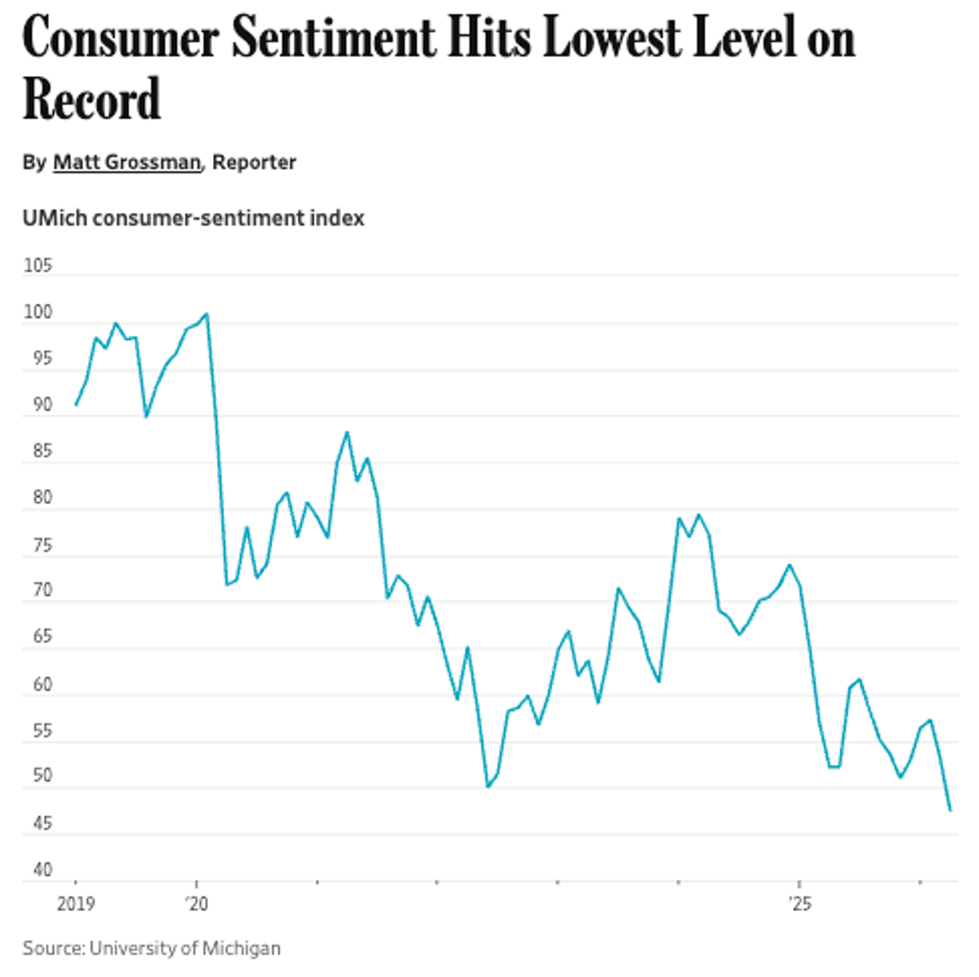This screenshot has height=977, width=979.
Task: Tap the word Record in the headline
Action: click(91, 100)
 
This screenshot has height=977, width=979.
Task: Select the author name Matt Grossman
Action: click(126, 162)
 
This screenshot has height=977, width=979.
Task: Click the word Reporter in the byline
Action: click(254, 162)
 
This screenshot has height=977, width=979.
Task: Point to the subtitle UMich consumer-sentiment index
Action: click(193, 219)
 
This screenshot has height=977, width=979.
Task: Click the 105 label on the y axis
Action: click(38, 265)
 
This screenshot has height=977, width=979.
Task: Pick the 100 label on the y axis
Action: click(38, 313)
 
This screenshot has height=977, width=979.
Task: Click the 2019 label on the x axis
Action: click(75, 904)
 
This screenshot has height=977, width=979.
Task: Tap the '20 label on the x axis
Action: click(196, 904)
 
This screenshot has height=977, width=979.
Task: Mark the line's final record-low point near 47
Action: click(950, 810)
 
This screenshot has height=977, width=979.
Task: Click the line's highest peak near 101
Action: click(206, 313)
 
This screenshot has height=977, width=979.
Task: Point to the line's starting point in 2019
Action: click(75, 405)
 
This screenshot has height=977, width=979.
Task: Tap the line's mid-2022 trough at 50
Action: click(487, 787)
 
